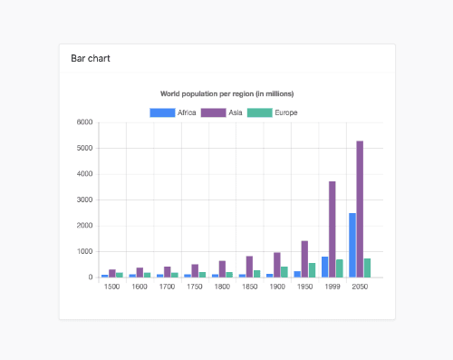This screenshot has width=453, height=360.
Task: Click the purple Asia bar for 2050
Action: [360, 209]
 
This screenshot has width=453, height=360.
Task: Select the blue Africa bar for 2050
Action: [352, 245]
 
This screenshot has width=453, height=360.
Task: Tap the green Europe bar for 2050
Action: [368, 268]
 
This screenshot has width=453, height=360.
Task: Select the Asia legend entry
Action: [226, 112]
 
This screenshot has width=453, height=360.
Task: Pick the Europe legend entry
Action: [273, 112]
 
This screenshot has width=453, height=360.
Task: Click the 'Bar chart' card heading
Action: [91, 59]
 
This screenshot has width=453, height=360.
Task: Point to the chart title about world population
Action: [226, 93]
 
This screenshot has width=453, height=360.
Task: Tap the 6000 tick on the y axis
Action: [85, 122]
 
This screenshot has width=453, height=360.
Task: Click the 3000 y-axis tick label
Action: [85, 199]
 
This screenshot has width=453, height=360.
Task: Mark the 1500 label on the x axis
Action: [112, 287]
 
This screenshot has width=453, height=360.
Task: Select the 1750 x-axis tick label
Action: [195, 287]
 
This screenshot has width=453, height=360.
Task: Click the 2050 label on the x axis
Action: [360, 287]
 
